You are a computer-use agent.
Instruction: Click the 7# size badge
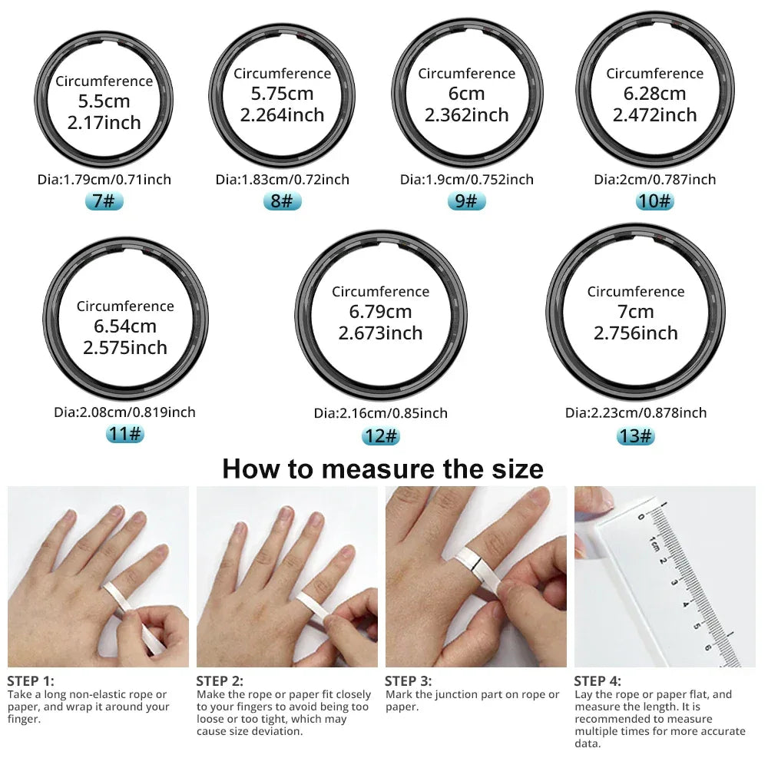tap(104, 201)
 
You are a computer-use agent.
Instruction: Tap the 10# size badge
tap(655, 201)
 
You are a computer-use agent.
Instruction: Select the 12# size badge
tap(381, 435)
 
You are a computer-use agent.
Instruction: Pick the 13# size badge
tap(636, 435)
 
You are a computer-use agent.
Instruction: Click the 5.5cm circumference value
tap(104, 101)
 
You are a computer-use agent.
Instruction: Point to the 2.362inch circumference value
tap(466, 115)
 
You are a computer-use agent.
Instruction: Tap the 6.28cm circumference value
tap(655, 94)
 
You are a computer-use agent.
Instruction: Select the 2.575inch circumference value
tap(125, 347)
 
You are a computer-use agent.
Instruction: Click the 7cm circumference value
tap(636, 312)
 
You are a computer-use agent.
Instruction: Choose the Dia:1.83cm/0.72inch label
tap(282, 180)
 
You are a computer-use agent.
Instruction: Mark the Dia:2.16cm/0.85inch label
tap(381, 413)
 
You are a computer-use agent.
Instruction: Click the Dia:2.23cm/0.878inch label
tap(636, 412)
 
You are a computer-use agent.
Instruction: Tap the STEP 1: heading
tap(31, 680)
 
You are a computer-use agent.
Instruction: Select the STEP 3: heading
tap(408, 680)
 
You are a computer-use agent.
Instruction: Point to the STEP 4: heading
tap(598, 680)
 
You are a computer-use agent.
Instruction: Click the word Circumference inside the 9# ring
tap(466, 74)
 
